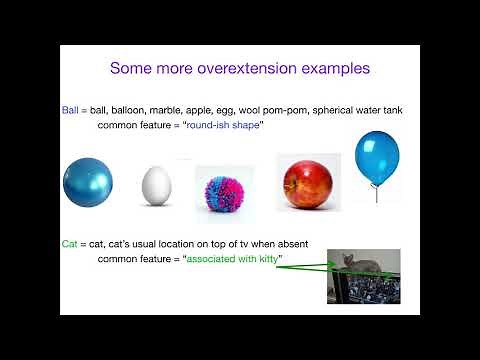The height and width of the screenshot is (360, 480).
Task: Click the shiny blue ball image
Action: click(88, 183)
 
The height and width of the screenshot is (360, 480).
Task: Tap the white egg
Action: click(156, 185)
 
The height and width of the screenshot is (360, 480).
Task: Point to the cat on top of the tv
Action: click(361, 263)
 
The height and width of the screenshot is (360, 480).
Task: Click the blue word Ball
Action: click(72, 110)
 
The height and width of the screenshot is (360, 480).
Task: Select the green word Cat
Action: click(71, 245)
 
